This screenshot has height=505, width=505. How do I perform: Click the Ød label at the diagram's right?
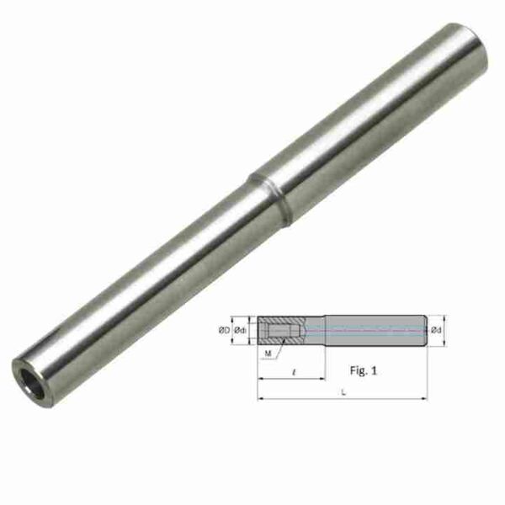click(436, 331)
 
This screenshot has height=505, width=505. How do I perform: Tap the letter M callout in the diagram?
click(268, 353)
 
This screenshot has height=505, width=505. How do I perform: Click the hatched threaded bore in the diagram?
click(277, 330)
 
